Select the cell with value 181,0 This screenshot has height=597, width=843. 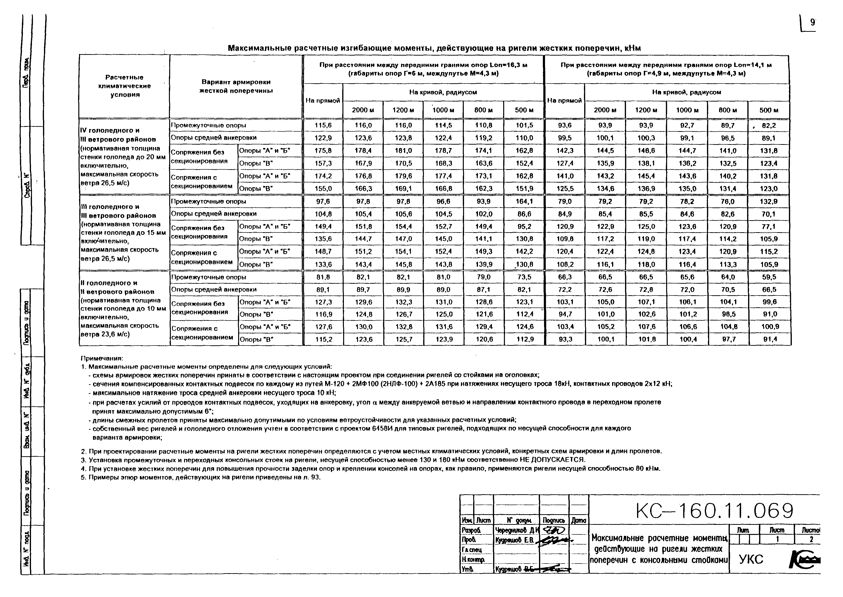click(403, 151)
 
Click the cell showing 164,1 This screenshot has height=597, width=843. click(524, 201)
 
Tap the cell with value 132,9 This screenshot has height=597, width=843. click(769, 201)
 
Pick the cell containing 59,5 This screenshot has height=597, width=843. click(769, 277)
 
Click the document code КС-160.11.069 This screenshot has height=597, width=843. click(714, 511)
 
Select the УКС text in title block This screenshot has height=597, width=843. click(751, 559)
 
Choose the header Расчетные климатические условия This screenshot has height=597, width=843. click(124, 86)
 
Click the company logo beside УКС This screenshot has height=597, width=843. click(804, 559)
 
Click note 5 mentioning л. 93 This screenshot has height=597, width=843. click(201, 477)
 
